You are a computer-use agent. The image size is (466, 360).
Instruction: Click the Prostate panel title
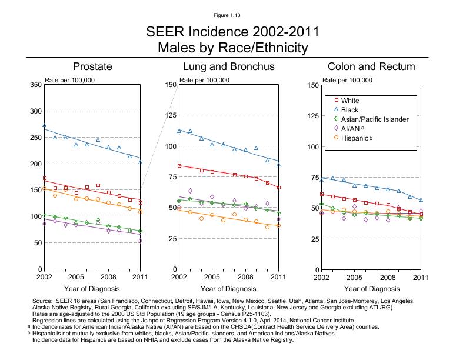(92, 66)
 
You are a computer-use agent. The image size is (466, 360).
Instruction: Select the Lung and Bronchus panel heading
(228, 66)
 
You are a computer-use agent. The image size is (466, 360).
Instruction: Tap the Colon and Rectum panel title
(371, 66)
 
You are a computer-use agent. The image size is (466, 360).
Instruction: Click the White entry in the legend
(349, 101)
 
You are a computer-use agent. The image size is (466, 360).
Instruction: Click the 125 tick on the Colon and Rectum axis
(312, 116)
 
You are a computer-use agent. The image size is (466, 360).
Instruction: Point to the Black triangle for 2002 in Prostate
(45, 125)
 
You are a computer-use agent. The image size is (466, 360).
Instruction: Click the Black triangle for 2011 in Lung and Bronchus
(278, 165)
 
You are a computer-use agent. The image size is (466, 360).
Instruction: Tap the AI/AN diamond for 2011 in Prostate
(141, 241)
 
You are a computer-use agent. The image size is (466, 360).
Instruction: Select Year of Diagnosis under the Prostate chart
(92, 289)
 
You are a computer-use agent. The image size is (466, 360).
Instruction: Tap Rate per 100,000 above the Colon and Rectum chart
(348, 80)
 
